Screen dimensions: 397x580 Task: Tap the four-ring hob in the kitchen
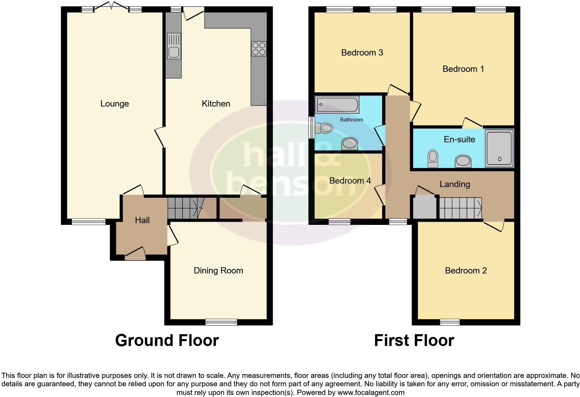point(259,49)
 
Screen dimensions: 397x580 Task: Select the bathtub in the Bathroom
point(337,105)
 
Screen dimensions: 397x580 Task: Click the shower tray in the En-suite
point(499,148)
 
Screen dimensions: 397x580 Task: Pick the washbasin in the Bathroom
point(349,143)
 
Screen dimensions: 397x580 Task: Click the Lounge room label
point(114,104)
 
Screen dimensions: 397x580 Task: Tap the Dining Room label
point(218,271)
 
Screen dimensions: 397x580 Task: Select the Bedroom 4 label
point(350,181)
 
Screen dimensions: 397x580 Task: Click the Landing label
point(454,184)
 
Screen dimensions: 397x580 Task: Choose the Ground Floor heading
point(167,340)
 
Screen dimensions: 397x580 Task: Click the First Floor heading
point(414,340)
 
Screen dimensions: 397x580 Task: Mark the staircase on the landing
point(461,208)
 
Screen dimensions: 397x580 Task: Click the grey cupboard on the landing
point(424,208)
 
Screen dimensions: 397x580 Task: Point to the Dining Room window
point(221,322)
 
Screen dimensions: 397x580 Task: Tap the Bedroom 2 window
point(450,322)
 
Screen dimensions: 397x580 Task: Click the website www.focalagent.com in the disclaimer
point(371,393)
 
